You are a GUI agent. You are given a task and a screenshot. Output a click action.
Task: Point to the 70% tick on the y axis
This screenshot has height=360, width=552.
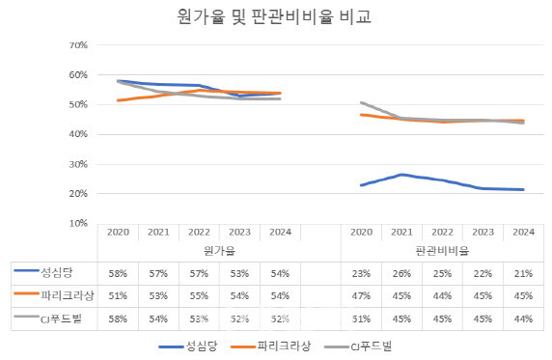[x=78, y=45]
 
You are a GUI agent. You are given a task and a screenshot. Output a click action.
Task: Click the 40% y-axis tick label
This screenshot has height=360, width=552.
[x=78, y=134]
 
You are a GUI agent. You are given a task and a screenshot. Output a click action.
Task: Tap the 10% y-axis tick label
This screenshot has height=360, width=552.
[x=78, y=223]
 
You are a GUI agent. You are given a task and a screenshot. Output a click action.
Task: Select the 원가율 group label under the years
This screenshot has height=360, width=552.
[x=199, y=249]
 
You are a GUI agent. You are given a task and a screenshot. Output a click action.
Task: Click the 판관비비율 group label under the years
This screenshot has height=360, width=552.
[x=442, y=249]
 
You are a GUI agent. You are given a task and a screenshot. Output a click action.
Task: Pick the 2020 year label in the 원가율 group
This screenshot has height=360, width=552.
[x=118, y=233]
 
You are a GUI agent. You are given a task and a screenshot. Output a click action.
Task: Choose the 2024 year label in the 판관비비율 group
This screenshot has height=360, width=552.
[x=522, y=233]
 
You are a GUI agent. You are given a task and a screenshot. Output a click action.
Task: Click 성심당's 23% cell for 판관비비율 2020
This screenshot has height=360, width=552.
[x=361, y=273]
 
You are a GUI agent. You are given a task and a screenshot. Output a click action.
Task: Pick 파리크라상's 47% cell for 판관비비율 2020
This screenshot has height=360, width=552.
[x=361, y=295]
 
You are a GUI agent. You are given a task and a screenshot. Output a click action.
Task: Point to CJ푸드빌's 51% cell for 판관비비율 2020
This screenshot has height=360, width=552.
[x=361, y=318]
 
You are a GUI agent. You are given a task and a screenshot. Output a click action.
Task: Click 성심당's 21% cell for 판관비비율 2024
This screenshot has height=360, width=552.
[x=522, y=273]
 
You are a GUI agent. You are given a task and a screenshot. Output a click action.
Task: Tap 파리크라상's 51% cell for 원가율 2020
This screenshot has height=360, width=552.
[x=118, y=295]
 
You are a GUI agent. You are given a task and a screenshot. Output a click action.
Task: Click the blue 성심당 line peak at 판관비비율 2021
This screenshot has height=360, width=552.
[x=401, y=175]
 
